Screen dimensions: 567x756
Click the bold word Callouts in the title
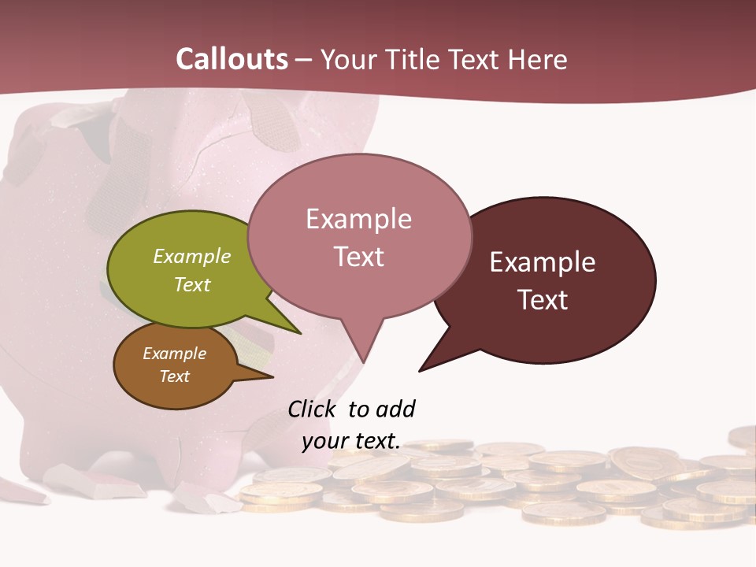tap(232, 59)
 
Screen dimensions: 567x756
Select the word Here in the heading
tap(537, 60)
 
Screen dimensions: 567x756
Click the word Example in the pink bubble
tap(358, 219)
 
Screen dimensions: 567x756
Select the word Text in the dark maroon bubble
tap(543, 300)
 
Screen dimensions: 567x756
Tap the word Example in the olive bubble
tap(192, 257)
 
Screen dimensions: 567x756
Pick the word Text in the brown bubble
tap(174, 376)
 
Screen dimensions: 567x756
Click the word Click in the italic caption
tap(312, 409)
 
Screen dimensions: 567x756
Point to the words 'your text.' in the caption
tap(351, 441)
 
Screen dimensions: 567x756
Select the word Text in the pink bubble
tap(359, 257)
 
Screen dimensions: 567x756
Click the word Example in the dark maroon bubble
tap(543, 262)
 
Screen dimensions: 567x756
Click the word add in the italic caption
tap(395, 409)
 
